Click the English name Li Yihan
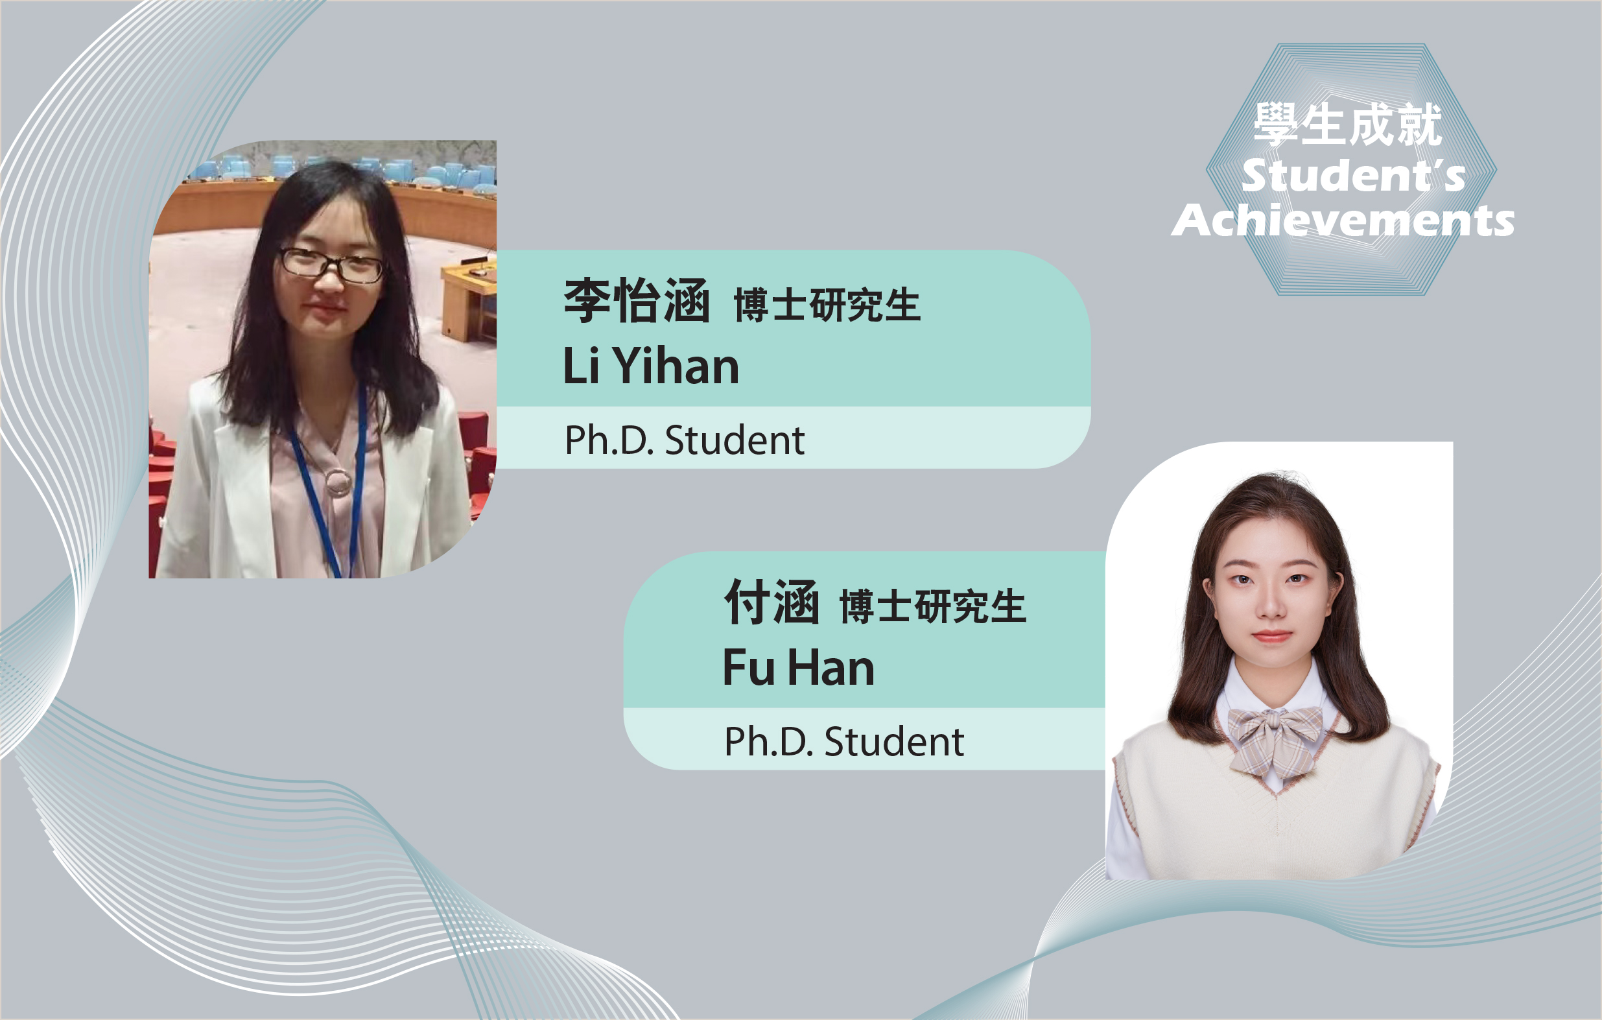[651, 365]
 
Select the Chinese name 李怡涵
[637, 301]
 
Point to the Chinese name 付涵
[772, 602]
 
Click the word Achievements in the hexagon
[1343, 220]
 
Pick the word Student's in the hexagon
[1353, 175]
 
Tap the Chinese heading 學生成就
[1348, 125]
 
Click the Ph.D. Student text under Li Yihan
[684, 440]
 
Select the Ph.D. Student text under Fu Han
[843, 741]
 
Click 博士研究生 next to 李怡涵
[827, 305]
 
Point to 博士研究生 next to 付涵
[933, 606]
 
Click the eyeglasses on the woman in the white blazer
[331, 265]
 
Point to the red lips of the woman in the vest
[1271, 635]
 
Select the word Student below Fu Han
[894, 741]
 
